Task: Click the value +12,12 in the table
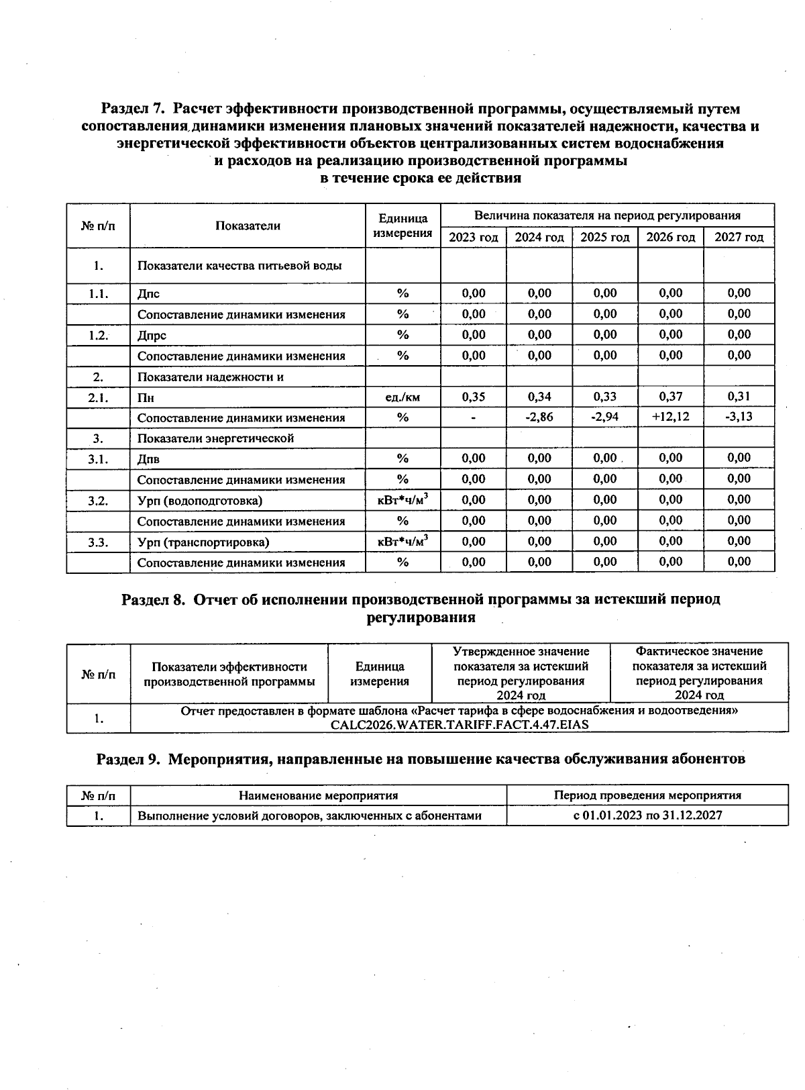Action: (x=671, y=417)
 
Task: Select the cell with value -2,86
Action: (x=539, y=417)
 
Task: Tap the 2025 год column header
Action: (x=605, y=237)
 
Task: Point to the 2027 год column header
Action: (x=739, y=237)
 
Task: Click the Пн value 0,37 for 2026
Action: (x=671, y=397)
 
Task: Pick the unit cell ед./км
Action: (x=402, y=397)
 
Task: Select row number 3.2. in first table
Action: (x=98, y=501)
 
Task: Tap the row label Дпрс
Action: (x=152, y=335)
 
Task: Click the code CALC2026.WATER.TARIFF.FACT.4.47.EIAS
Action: (x=460, y=725)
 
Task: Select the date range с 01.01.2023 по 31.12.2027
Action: (x=647, y=816)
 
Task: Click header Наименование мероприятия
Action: (x=319, y=795)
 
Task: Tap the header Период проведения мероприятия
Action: (x=647, y=795)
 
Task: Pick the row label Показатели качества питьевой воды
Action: (x=239, y=266)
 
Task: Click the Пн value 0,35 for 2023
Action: (x=474, y=397)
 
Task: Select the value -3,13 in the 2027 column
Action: (x=739, y=417)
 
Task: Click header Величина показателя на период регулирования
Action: (x=607, y=215)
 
